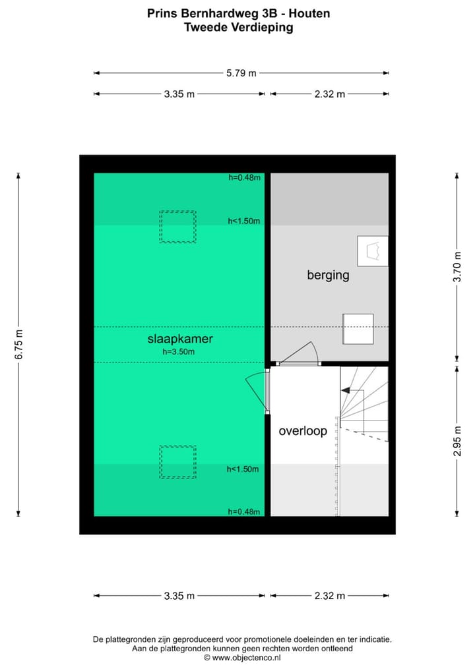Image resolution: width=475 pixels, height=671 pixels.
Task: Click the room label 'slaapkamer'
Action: (x=179, y=339)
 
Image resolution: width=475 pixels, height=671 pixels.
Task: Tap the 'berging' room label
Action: (x=328, y=275)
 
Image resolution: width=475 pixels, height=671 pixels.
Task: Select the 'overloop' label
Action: (x=303, y=431)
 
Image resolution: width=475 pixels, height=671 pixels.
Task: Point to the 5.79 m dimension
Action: (x=241, y=73)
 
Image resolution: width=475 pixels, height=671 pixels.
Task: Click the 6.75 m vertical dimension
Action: (x=19, y=344)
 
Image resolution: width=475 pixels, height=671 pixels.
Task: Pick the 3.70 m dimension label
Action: (x=457, y=268)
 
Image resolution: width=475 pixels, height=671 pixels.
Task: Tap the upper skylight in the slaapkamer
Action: (x=177, y=226)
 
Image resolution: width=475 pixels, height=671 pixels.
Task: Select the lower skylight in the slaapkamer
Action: (x=177, y=461)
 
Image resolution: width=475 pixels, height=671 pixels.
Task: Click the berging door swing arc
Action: (x=301, y=353)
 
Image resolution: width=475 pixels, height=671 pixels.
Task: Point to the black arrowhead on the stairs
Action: (x=345, y=391)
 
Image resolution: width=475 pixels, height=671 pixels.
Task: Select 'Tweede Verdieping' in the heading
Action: (x=237, y=27)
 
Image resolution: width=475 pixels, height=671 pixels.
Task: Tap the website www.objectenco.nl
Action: (x=246, y=657)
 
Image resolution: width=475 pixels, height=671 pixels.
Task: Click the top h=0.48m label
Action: (x=245, y=177)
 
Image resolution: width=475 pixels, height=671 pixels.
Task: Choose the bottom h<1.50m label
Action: (x=243, y=469)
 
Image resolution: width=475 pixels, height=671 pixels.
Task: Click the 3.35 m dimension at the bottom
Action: (x=179, y=596)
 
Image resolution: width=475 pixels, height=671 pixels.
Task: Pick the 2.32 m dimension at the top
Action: (x=329, y=94)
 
